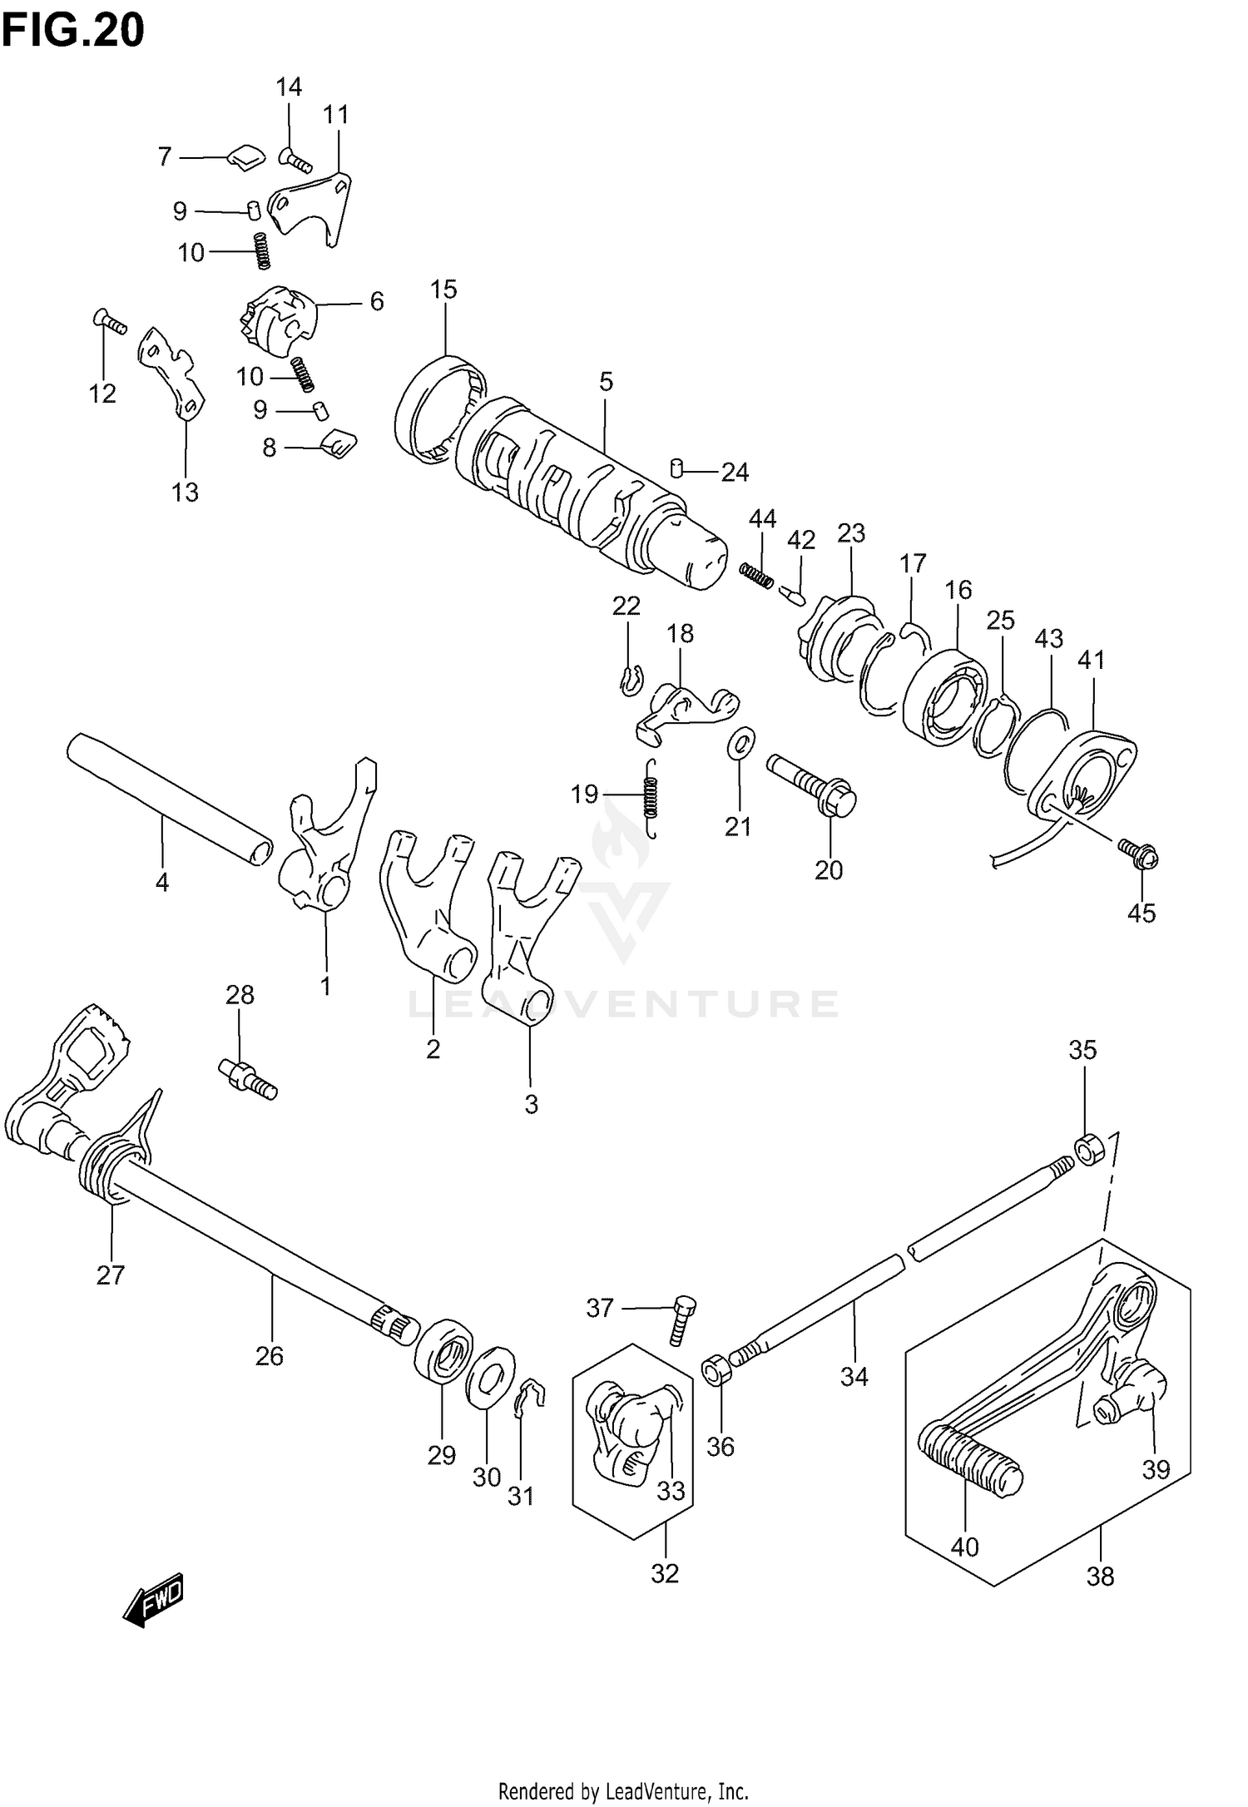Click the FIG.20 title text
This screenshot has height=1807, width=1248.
tap(73, 32)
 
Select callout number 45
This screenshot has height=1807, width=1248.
tap(1142, 913)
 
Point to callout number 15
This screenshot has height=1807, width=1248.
tap(443, 290)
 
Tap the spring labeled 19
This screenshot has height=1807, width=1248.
tap(652, 796)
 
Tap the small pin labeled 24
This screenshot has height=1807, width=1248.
tap(677, 470)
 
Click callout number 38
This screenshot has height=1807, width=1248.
tap(1100, 1577)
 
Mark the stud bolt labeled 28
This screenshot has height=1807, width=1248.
tap(247, 1078)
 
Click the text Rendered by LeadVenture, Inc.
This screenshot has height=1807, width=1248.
tap(623, 1785)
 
